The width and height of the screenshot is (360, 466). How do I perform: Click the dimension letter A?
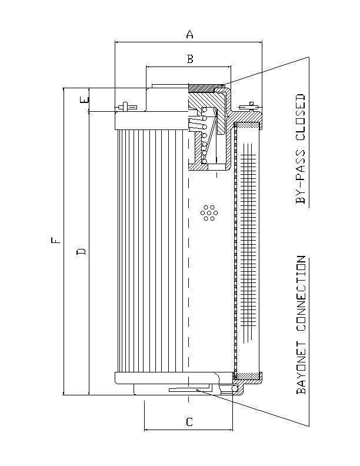pyautogui.click(x=189, y=35)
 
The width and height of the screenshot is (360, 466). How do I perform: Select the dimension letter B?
pyautogui.click(x=189, y=58)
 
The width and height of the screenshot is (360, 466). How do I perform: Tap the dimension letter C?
pyautogui.click(x=189, y=422)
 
